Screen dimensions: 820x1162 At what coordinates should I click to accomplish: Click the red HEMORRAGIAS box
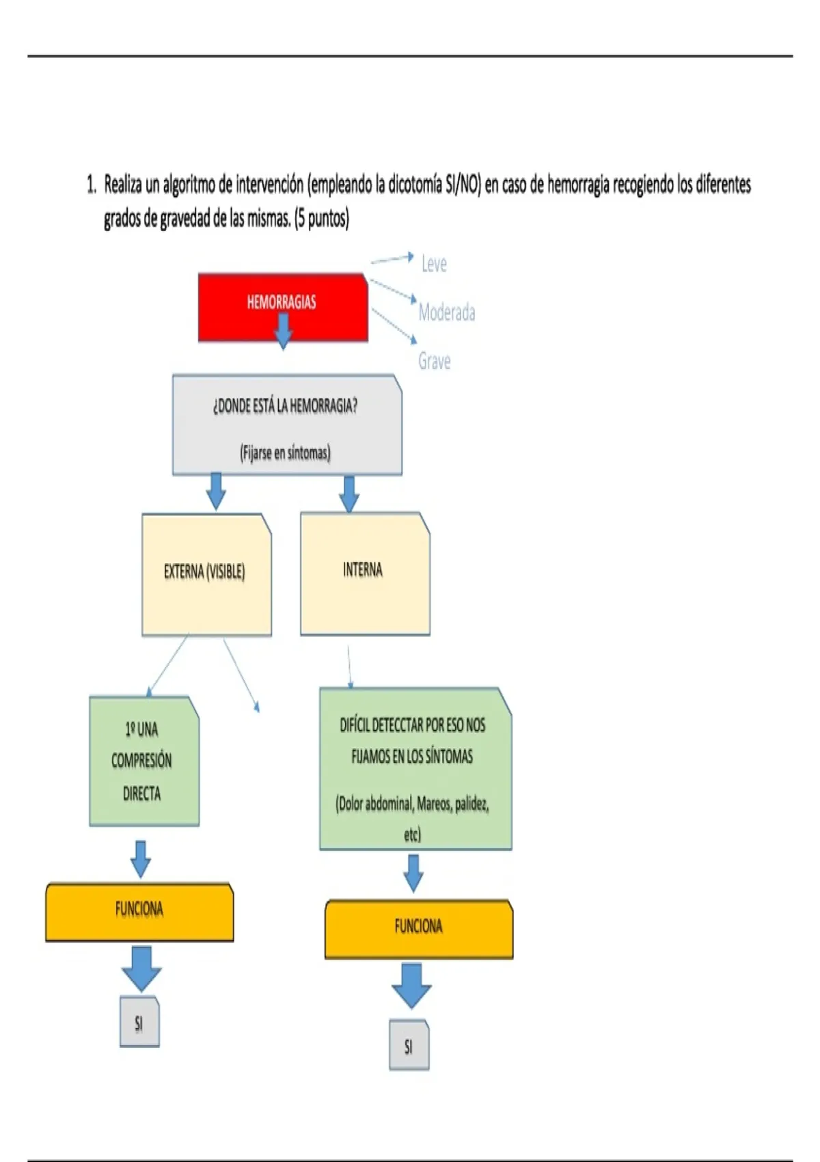(x=283, y=307)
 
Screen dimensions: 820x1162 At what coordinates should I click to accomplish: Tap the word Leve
(x=434, y=264)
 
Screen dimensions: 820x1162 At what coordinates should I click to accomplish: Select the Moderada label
(x=447, y=312)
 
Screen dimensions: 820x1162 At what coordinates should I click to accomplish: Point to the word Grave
(x=434, y=360)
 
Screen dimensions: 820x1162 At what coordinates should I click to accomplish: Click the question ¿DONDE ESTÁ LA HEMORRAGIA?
(x=285, y=405)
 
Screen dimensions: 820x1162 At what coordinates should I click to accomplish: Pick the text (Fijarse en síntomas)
(x=285, y=453)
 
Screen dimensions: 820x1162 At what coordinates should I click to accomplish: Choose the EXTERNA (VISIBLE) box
(x=207, y=574)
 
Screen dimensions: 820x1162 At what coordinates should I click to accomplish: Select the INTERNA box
(x=365, y=573)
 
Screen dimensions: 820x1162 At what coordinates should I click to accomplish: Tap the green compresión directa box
(x=144, y=761)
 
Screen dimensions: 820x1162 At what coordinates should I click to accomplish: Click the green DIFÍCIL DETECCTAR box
(x=415, y=769)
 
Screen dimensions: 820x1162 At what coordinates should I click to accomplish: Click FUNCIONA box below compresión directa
(x=139, y=913)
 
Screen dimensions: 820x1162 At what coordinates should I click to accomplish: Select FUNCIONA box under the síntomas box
(x=419, y=929)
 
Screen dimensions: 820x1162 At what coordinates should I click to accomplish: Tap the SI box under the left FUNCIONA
(x=139, y=1021)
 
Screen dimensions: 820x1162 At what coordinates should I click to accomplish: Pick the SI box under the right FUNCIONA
(x=409, y=1044)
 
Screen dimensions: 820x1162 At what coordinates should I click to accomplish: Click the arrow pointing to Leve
(x=393, y=258)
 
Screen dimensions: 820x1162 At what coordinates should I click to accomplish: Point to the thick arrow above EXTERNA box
(x=216, y=491)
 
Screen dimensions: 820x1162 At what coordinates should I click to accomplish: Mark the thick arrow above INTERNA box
(x=349, y=494)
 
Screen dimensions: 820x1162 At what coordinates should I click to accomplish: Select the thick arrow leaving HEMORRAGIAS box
(x=283, y=330)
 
